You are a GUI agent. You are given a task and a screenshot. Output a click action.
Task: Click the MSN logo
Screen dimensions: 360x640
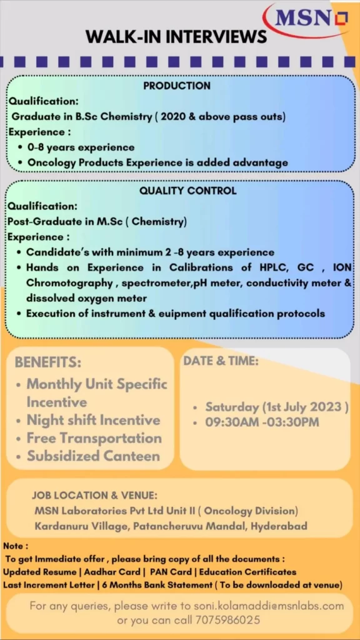(x=310, y=19)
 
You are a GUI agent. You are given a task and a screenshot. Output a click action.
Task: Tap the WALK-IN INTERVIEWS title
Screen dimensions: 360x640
(x=176, y=37)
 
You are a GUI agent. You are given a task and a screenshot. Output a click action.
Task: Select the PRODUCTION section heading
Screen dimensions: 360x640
(x=177, y=86)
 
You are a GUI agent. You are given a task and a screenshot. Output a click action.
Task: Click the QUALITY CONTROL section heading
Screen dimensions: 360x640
(x=187, y=191)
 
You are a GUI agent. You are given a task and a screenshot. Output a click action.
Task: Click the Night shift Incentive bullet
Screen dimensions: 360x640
(x=94, y=420)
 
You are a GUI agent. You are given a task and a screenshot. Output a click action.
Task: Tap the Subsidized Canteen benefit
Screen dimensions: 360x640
(x=93, y=456)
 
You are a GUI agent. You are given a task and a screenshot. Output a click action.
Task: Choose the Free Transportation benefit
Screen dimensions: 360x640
(x=94, y=438)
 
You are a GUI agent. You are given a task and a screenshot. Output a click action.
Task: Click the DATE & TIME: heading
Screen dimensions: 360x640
(x=221, y=361)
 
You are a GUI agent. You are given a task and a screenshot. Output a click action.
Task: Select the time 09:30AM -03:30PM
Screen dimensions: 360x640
(x=262, y=422)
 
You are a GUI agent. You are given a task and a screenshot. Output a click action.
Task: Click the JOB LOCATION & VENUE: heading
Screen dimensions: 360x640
(x=95, y=496)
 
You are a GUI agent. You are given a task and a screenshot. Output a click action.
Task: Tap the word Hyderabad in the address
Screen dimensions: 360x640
(x=279, y=526)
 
